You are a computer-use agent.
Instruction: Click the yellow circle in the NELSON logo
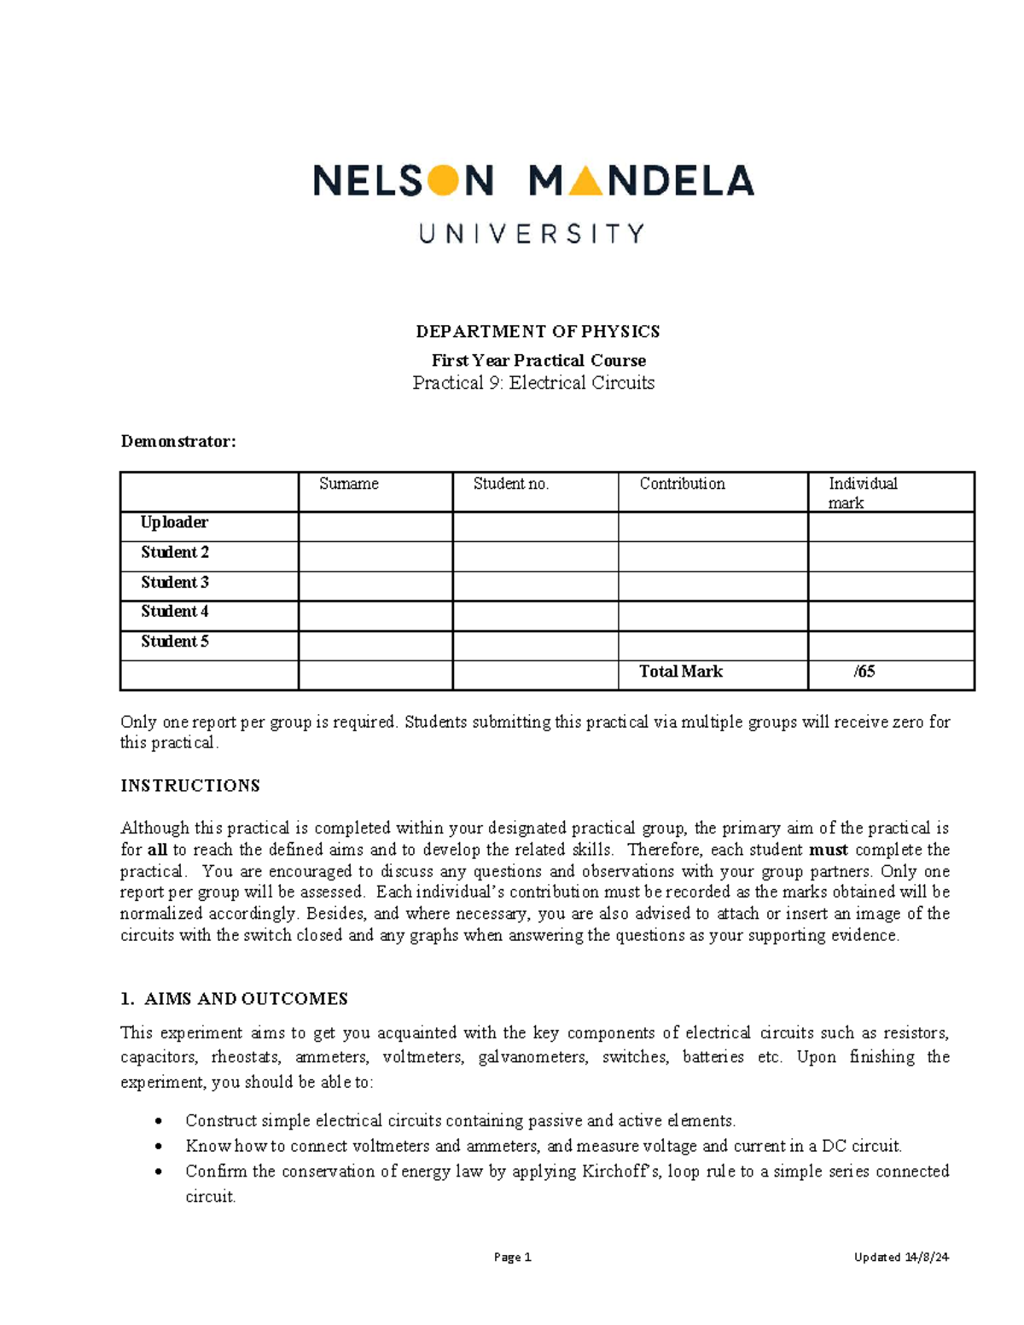[x=442, y=180]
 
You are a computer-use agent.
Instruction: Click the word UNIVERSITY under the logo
[x=532, y=234]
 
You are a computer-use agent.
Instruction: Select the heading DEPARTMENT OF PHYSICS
[x=537, y=331]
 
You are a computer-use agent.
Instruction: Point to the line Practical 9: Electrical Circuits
[x=533, y=383]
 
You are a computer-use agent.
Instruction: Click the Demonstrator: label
[x=178, y=441]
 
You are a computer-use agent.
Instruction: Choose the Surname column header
[x=349, y=484]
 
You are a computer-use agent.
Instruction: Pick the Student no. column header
[x=511, y=484]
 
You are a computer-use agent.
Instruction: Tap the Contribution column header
[x=682, y=484]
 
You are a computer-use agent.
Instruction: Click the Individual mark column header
[x=863, y=492]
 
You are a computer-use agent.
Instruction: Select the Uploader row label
[x=174, y=522]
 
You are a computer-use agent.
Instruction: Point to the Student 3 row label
[x=175, y=582]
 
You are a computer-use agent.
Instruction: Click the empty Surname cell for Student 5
[x=375, y=645]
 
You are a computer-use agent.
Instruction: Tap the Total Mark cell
[x=681, y=671]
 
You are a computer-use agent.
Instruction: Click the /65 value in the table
[x=864, y=671]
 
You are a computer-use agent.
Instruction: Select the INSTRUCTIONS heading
[x=190, y=785]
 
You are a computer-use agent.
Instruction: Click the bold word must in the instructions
[x=828, y=850]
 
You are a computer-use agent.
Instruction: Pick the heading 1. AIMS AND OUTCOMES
[x=234, y=998]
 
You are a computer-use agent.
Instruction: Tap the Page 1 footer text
[x=513, y=1257]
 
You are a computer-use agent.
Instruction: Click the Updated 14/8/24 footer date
[x=902, y=1257]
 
